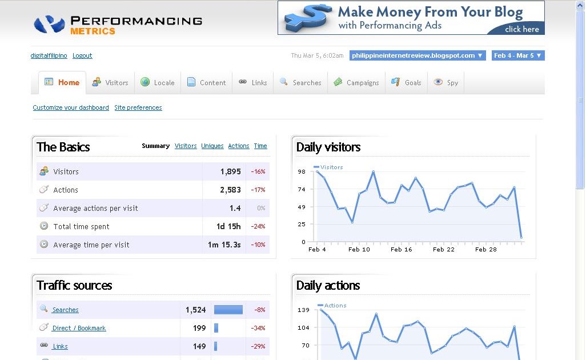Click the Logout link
82,55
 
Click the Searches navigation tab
300,82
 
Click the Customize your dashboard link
71,107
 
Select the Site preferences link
138,107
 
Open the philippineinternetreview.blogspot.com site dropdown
418,55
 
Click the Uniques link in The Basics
212,146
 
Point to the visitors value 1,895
231,171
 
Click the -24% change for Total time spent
258,226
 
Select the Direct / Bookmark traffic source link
79,328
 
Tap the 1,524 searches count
195,310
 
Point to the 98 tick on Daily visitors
302,171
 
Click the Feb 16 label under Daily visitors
401,249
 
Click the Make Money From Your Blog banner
411,18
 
